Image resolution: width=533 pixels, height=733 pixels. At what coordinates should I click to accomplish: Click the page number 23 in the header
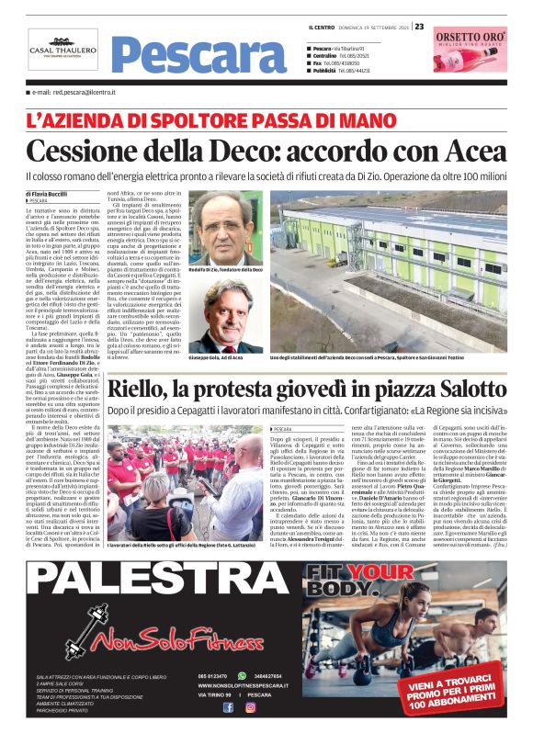click(419, 27)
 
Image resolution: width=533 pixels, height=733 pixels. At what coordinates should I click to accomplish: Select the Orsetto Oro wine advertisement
click(470, 51)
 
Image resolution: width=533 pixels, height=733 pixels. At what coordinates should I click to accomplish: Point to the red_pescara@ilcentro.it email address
click(74, 93)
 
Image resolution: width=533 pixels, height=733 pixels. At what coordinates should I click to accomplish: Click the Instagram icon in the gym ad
click(250, 706)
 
